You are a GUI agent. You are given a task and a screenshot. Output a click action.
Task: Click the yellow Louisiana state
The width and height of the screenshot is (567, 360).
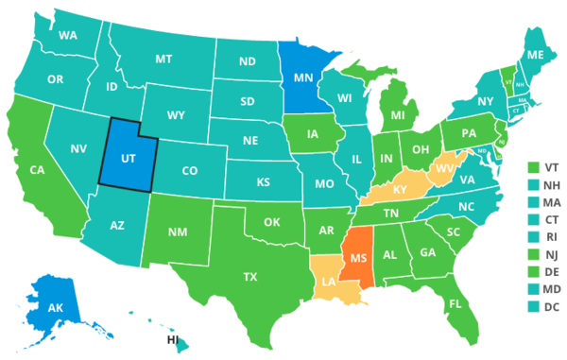(x=328, y=283)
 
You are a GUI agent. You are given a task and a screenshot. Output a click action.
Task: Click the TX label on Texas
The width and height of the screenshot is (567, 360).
(x=250, y=278)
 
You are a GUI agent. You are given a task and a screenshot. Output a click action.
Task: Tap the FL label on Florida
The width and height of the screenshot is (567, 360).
(x=455, y=304)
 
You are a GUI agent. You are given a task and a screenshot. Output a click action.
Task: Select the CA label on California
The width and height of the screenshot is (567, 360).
(x=38, y=171)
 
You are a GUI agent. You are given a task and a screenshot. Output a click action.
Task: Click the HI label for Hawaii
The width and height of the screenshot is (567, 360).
(x=173, y=339)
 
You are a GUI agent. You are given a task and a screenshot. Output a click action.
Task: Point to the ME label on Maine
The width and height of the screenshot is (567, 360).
(x=533, y=55)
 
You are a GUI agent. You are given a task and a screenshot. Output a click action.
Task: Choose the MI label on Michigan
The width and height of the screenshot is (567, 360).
(x=397, y=115)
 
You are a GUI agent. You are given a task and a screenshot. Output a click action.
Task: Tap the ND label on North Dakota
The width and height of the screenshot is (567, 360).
(x=248, y=62)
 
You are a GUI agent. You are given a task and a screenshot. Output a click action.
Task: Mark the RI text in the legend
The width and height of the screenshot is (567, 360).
(x=551, y=236)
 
